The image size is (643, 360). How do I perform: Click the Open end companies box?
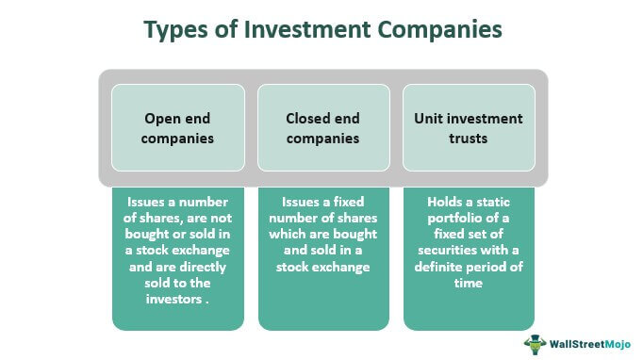click(178, 129)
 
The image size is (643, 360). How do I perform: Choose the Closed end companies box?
click(323, 129)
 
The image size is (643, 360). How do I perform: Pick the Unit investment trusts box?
click(469, 129)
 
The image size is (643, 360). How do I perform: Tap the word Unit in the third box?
click(430, 120)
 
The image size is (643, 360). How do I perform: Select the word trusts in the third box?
click(469, 139)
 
